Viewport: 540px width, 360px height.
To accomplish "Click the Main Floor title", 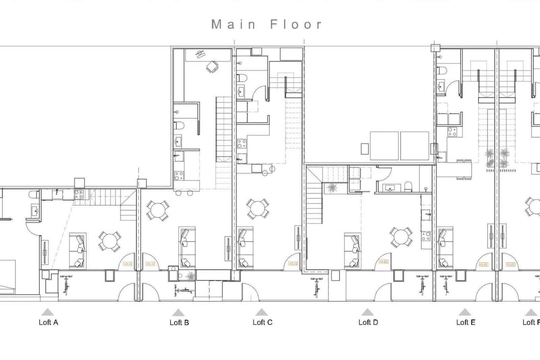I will (x=267, y=24).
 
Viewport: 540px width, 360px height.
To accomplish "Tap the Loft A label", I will (x=48, y=322).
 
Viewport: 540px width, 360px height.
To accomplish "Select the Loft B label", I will (x=179, y=323).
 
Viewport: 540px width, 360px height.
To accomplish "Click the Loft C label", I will (x=262, y=322).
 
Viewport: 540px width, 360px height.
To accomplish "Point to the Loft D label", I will (x=368, y=322).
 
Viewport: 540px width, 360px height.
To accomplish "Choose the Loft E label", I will (x=465, y=322).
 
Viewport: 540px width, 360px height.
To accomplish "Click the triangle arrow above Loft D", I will (x=368, y=312).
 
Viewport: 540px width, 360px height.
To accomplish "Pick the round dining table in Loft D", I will (x=401, y=236).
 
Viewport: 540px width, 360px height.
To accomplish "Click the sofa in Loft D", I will (x=353, y=251).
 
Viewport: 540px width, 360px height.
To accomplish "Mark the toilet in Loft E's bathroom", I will (x=442, y=71).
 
